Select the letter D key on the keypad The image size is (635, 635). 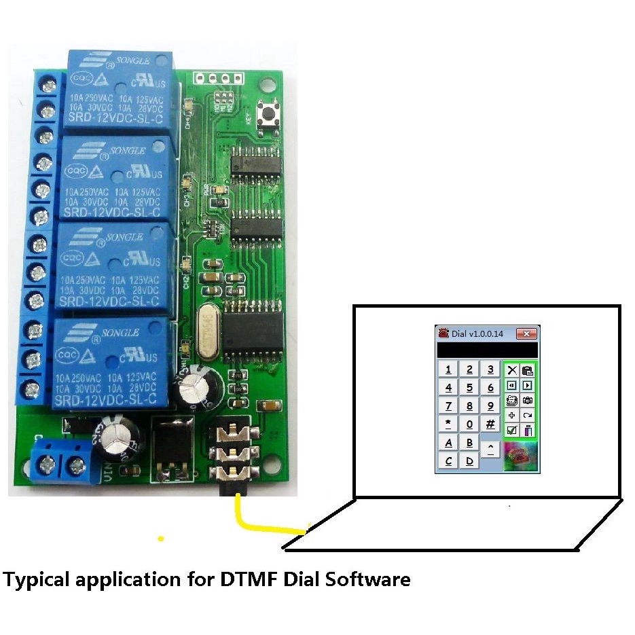coord(469,461)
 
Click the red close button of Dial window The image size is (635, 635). coord(526,333)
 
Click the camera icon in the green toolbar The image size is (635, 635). coord(528,401)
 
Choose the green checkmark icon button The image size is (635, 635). coord(512,430)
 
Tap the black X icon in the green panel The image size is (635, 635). coord(512,371)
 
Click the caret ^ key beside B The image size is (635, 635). coord(490,448)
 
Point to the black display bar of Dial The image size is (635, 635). coord(486,350)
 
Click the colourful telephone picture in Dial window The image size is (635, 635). coord(520,456)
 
